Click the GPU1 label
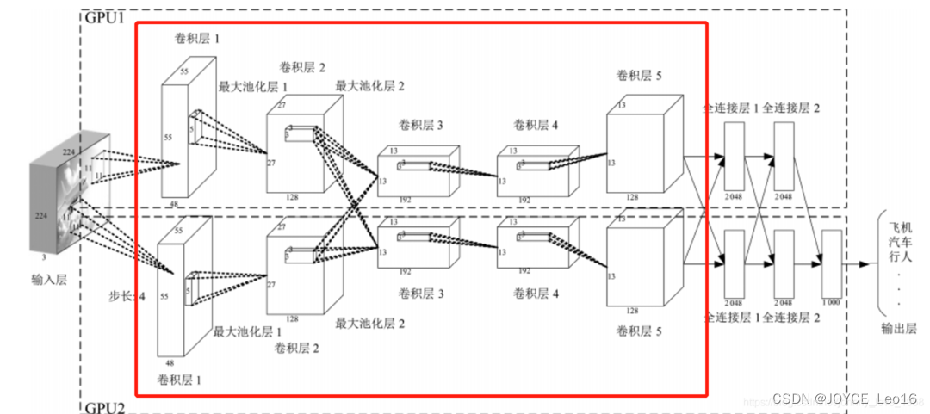(103, 16)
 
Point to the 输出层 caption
(898, 328)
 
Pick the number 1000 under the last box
(832, 302)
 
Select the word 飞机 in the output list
(899, 228)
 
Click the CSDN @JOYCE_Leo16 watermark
(844, 399)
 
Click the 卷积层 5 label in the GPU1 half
(639, 77)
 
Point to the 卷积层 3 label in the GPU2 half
(421, 294)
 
